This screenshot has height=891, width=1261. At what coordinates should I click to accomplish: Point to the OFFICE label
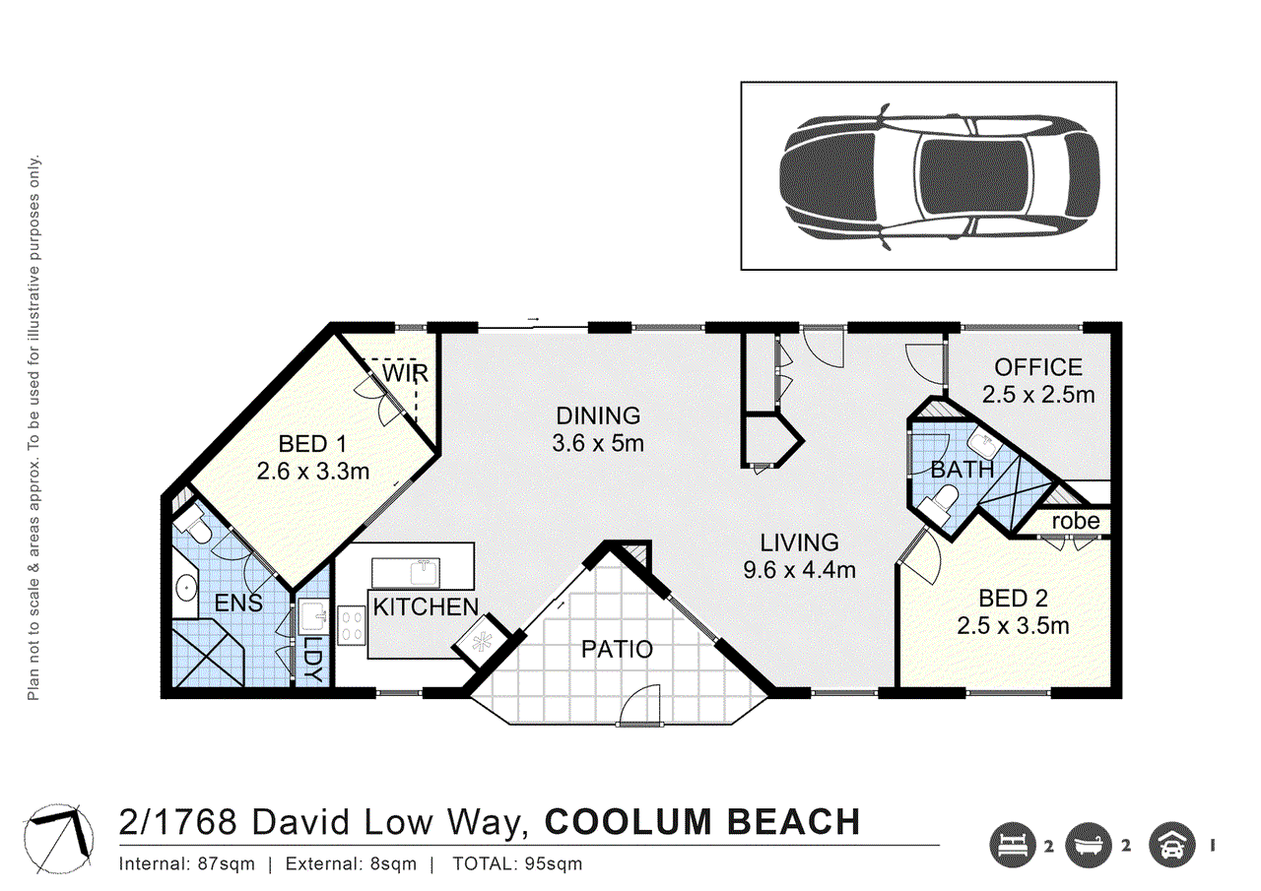tap(1038, 367)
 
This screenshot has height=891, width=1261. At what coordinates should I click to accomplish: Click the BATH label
tap(962, 470)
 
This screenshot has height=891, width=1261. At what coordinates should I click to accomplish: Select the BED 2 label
tap(1013, 598)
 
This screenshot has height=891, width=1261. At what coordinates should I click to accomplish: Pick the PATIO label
tap(617, 650)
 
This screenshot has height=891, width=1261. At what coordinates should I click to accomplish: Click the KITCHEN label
tap(426, 606)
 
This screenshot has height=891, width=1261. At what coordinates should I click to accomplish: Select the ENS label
tap(239, 603)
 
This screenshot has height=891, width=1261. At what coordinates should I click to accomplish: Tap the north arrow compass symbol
tap(60, 839)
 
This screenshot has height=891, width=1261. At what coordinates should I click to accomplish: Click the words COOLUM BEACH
tap(702, 821)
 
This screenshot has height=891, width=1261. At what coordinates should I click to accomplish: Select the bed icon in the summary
tap(1013, 844)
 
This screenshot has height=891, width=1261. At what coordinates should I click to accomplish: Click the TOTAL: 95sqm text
tap(517, 865)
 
